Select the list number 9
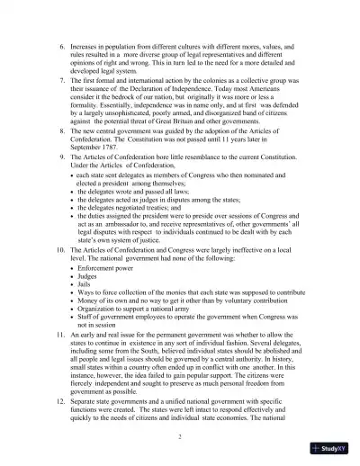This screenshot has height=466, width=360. coord(62,157)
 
